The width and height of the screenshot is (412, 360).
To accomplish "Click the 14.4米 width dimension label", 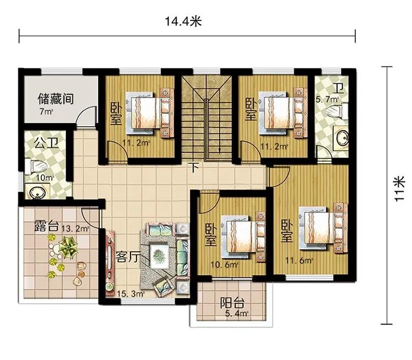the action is [183, 22].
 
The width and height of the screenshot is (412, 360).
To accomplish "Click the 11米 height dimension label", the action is [399, 189].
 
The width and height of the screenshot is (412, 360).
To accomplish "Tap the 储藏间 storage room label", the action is [56, 99].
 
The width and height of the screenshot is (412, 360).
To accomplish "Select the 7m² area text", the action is [46, 111].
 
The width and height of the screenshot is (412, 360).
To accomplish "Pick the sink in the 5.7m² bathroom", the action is [341, 138].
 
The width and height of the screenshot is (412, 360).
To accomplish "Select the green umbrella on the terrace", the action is [68, 247].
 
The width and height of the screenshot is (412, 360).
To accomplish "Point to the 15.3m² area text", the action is [131, 293].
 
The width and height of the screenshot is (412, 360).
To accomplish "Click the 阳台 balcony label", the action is [232, 303].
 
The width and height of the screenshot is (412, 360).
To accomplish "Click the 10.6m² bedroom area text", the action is [224, 265].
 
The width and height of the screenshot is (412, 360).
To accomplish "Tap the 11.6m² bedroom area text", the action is [299, 261].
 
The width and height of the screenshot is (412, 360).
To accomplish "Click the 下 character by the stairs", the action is [194, 167].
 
